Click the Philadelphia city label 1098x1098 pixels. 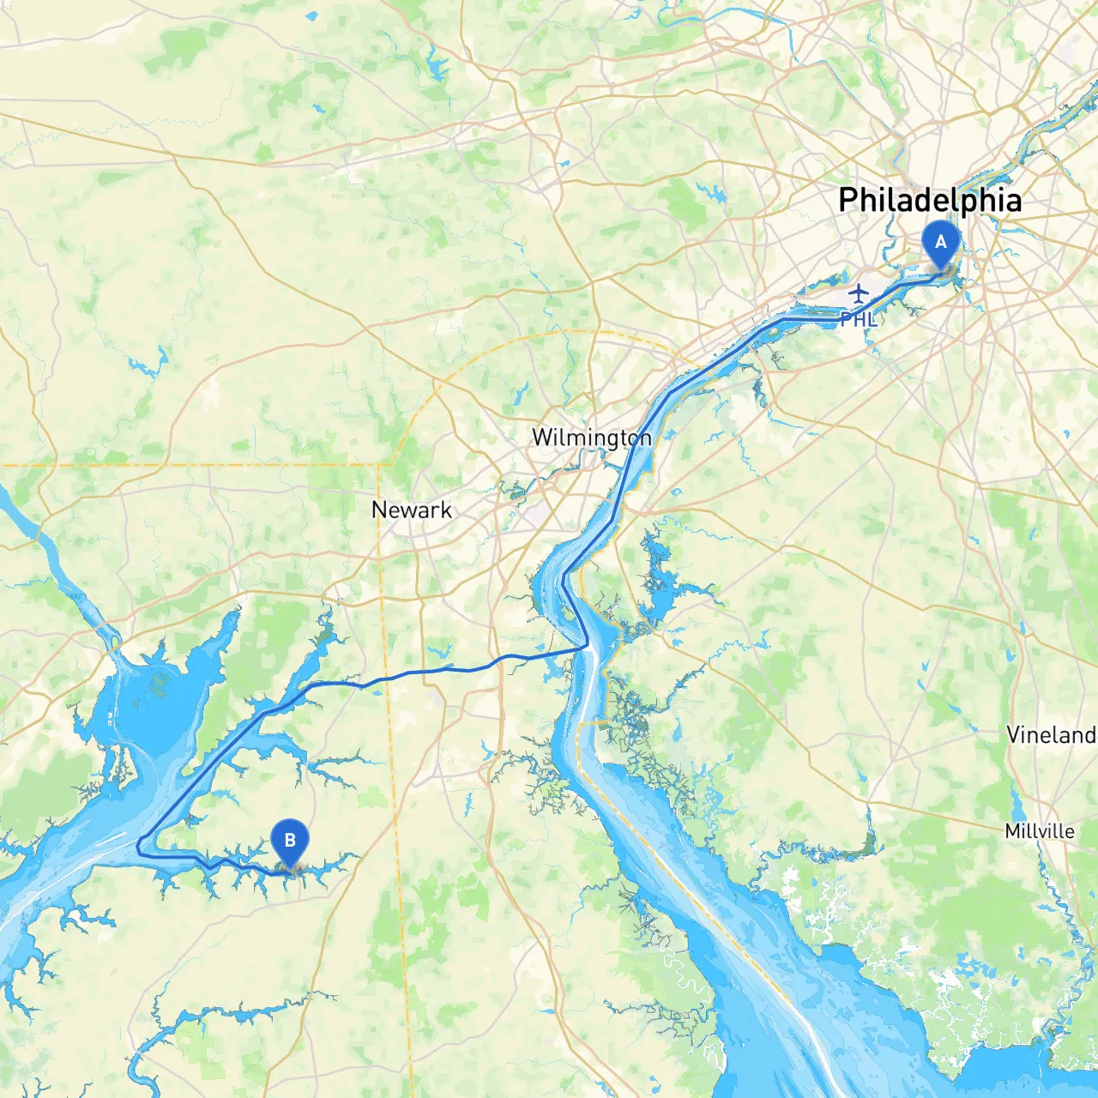coord(930,200)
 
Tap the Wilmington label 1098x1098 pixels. coord(591,437)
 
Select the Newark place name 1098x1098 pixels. coord(411,510)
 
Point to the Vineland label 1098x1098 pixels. coord(1051,735)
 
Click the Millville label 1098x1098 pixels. coord(1040,831)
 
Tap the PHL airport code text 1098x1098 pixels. coord(858,320)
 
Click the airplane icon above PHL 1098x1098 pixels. coord(859,293)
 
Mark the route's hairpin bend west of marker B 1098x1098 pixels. coord(139,845)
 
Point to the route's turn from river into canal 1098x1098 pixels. coord(587,645)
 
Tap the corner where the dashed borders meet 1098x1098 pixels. coord(381,465)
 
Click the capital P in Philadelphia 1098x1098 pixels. coord(848,200)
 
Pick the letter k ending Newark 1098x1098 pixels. coord(446,510)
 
